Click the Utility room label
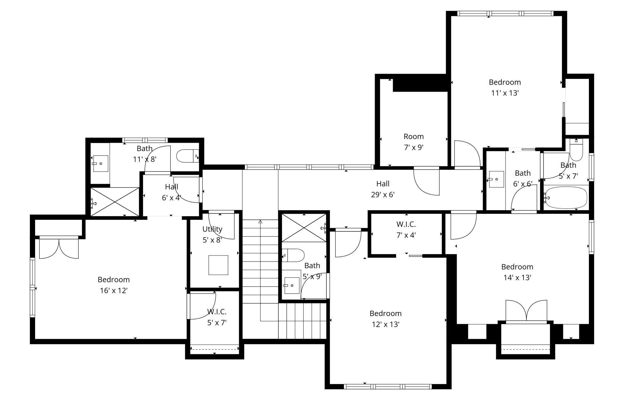click(x=212, y=229)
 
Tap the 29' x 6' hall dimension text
click(x=383, y=195)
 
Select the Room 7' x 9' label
click(x=414, y=142)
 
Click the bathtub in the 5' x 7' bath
click(x=566, y=198)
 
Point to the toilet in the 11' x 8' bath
click(x=188, y=156)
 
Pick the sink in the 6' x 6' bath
click(x=496, y=179)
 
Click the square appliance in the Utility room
click(x=218, y=265)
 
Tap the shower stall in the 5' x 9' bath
click(x=304, y=228)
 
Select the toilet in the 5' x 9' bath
click(x=293, y=255)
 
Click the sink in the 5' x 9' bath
click(x=292, y=285)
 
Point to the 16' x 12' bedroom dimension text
click(x=114, y=291)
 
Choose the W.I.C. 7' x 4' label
click(x=406, y=230)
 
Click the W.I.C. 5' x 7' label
click(x=217, y=317)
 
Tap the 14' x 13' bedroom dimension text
click(x=517, y=278)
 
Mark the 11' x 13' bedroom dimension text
click(x=505, y=93)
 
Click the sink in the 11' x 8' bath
click(x=100, y=163)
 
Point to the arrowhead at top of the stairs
click(x=260, y=222)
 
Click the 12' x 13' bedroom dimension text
click(x=386, y=324)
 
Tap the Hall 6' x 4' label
click(x=172, y=192)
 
